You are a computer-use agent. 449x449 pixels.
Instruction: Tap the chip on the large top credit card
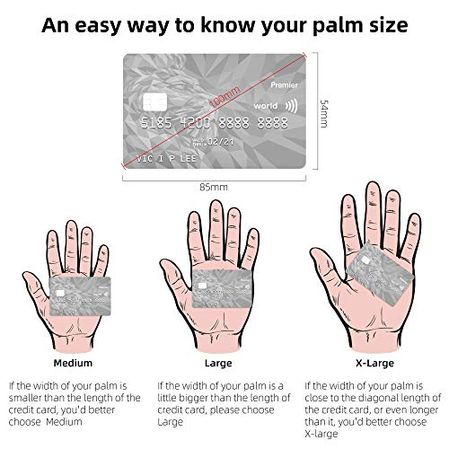(x=155, y=101)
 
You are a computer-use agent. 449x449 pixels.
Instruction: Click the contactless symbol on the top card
(x=292, y=106)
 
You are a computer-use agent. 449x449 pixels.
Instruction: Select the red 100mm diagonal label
(x=224, y=96)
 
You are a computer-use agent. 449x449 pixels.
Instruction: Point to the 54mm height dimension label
(x=324, y=114)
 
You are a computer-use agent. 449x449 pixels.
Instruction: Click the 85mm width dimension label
(x=214, y=187)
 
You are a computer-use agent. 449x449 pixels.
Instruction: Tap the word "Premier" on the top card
(x=284, y=85)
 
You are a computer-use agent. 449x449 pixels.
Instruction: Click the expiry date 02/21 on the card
(x=221, y=142)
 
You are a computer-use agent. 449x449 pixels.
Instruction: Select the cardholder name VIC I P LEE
(x=166, y=158)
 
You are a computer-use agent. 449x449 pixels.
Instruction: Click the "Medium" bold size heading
(x=73, y=363)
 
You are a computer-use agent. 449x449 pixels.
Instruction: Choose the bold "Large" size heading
(x=218, y=364)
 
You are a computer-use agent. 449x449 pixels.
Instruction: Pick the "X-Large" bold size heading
(x=374, y=364)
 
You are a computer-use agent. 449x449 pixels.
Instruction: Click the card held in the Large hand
(x=222, y=288)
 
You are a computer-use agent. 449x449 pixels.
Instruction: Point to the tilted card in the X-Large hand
(x=380, y=275)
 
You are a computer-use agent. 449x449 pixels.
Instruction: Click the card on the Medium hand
(x=80, y=296)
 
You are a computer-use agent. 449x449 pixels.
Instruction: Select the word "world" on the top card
(x=265, y=106)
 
